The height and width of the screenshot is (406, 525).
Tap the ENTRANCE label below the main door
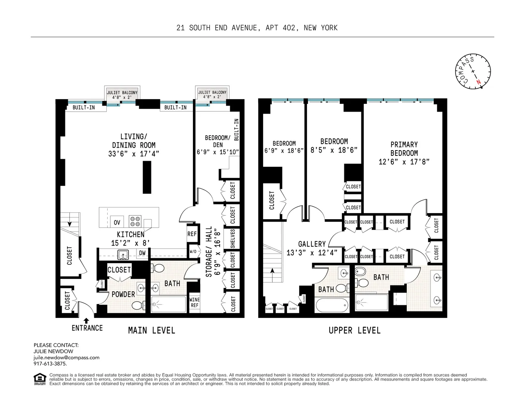(87, 328)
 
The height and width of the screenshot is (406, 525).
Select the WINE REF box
(194, 302)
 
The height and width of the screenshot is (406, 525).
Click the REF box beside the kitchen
(192, 234)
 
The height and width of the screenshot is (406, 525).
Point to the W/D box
(193, 251)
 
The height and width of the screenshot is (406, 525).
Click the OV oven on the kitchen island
(117, 222)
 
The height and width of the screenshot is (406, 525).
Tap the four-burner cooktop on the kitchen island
(135, 221)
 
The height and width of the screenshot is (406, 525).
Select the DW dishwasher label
(142, 253)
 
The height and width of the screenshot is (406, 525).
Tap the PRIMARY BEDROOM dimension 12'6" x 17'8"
(404, 162)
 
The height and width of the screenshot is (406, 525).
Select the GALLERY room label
(312, 244)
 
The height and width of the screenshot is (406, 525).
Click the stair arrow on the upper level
(272, 271)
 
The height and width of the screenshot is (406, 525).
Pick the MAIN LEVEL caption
(151, 330)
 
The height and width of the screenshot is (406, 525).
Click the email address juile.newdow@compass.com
(66, 358)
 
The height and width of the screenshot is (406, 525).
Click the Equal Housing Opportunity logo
(39, 379)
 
